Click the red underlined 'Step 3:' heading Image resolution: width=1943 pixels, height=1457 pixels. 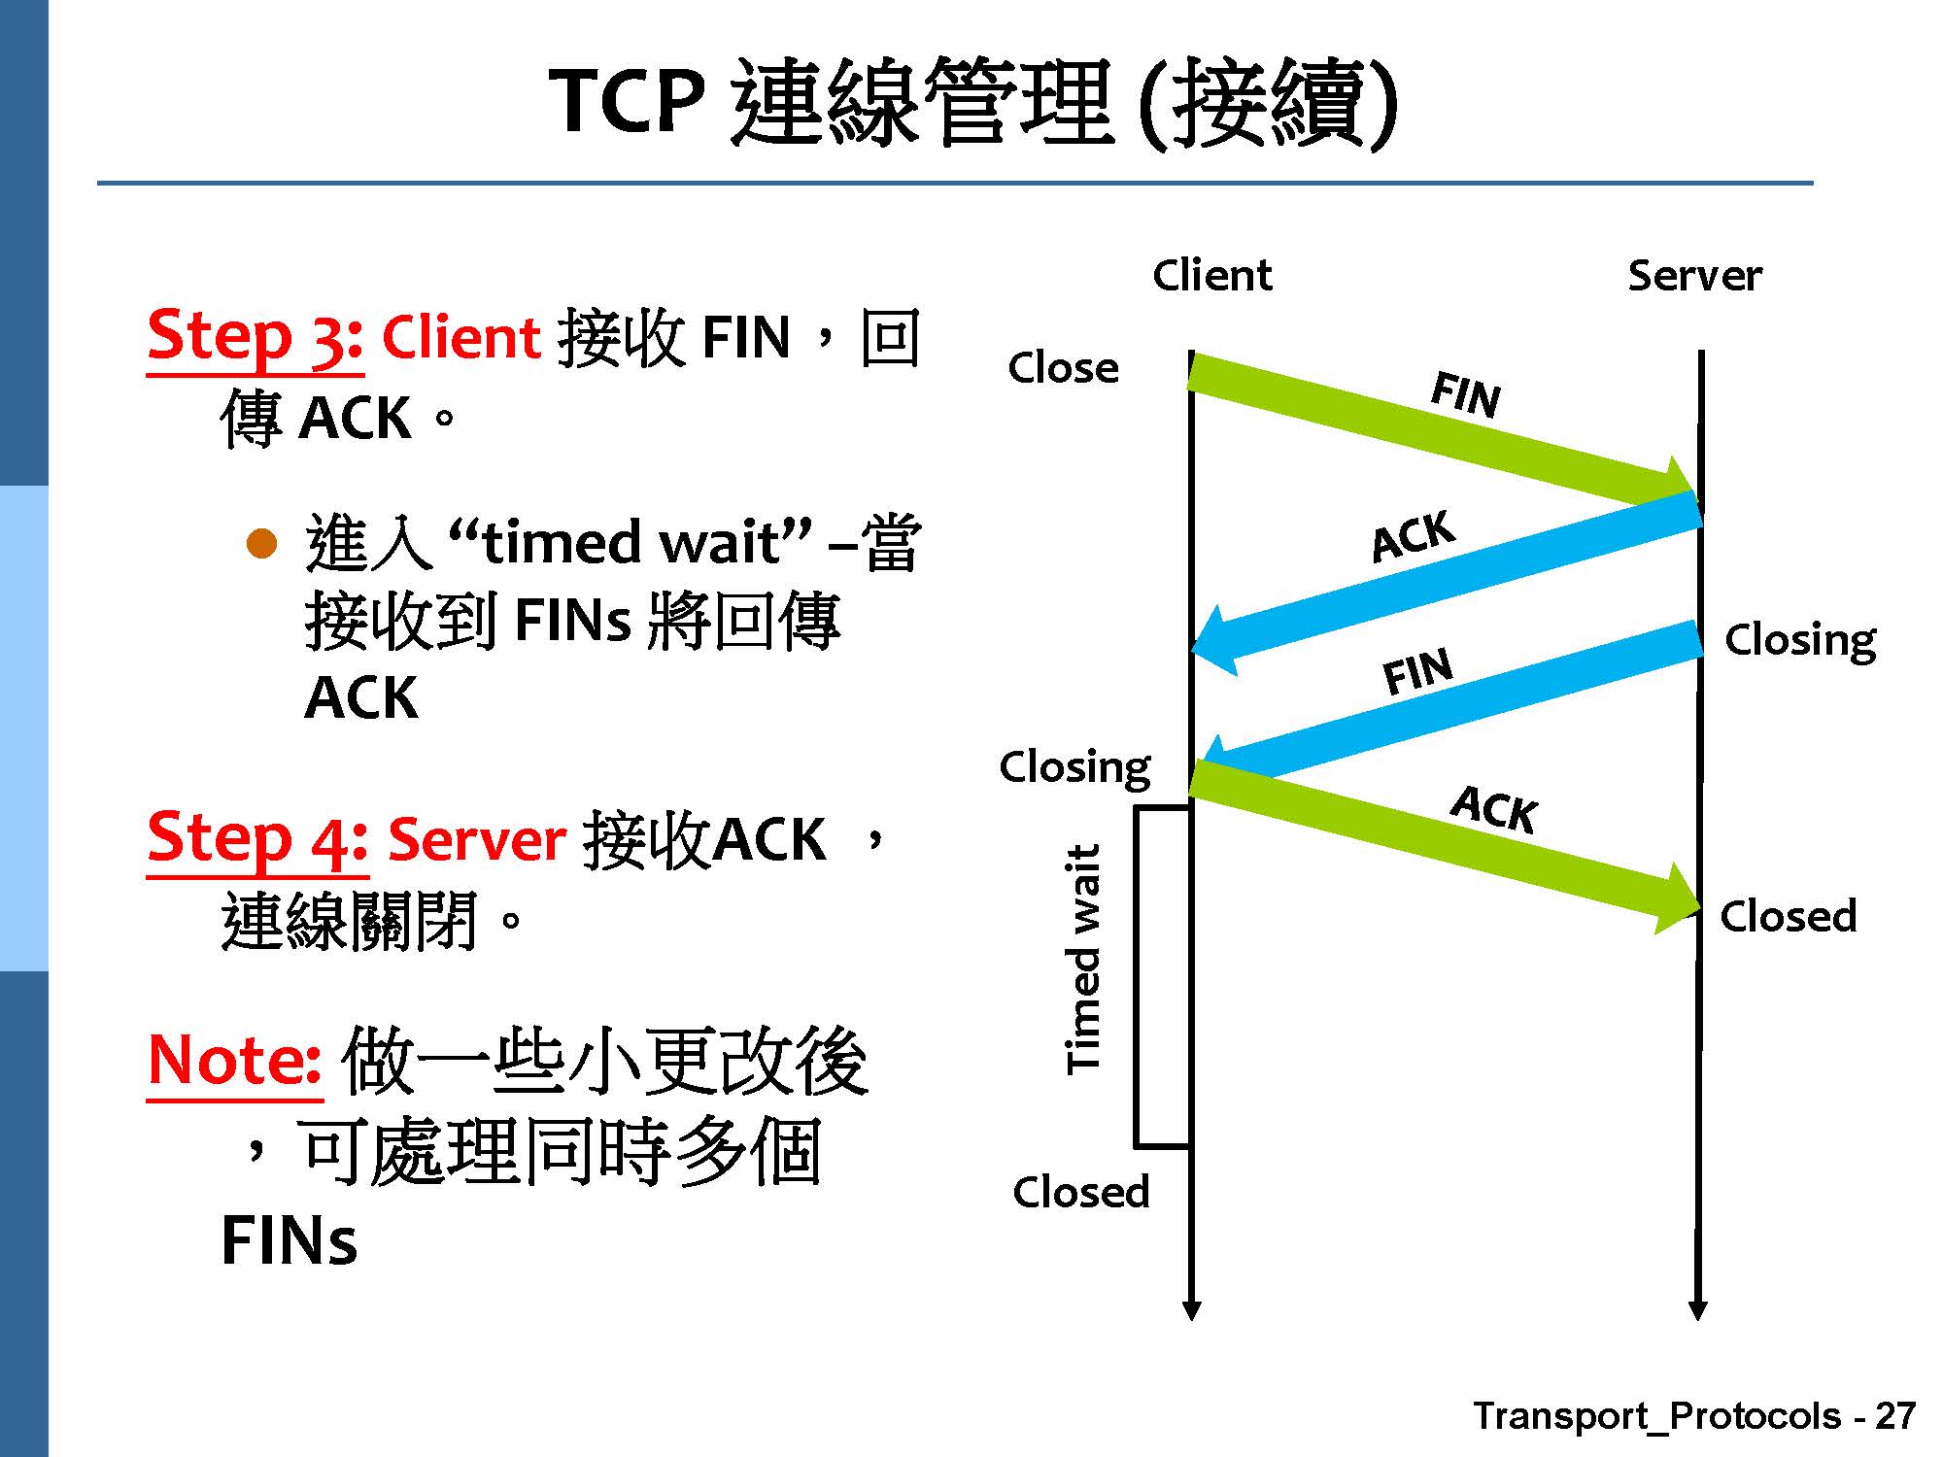pyautogui.click(x=255, y=337)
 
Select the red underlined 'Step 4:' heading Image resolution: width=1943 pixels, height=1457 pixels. pyautogui.click(x=256, y=839)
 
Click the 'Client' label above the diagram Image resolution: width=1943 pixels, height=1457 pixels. pyautogui.click(x=1211, y=276)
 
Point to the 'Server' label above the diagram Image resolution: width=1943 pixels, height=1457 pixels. pyautogui.click(x=1694, y=276)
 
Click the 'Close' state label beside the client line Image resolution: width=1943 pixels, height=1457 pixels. pyautogui.click(x=1063, y=368)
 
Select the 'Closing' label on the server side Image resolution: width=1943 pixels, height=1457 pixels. pyautogui.click(x=1799, y=641)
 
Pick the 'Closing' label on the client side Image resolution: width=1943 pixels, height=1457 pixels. pyautogui.click(x=1074, y=767)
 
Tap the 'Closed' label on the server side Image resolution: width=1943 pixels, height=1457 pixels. pyautogui.click(x=1788, y=916)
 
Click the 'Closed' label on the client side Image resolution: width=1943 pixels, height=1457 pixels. pyautogui.click(x=1080, y=1192)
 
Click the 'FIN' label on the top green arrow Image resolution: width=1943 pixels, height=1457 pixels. pyautogui.click(x=1465, y=395)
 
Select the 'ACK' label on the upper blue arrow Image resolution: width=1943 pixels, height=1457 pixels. pyautogui.click(x=1414, y=536)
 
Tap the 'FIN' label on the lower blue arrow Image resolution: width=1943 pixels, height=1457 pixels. pyautogui.click(x=1417, y=671)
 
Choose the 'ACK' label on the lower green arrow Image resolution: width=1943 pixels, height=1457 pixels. pyautogui.click(x=1493, y=810)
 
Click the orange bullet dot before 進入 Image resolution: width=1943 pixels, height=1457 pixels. pyautogui.click(x=261, y=544)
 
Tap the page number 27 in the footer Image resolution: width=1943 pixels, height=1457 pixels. pyautogui.click(x=1894, y=1416)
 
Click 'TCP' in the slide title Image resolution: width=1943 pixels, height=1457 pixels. pyautogui.click(x=627, y=102)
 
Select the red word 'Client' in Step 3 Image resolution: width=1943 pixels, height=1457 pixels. pyautogui.click(x=460, y=338)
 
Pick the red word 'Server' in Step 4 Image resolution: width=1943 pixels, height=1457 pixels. pyautogui.click(x=476, y=840)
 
